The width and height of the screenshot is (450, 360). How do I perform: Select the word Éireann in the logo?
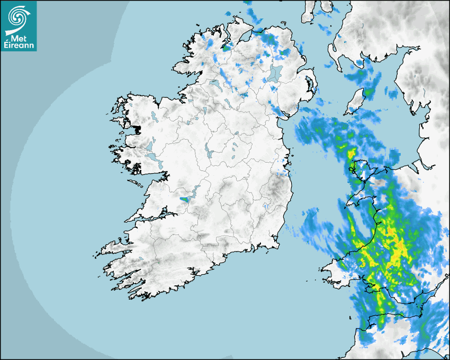tap(18, 45)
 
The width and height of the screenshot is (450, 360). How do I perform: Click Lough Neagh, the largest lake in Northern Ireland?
tap(275, 73)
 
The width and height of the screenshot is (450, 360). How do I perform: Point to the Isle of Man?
tap(356, 101)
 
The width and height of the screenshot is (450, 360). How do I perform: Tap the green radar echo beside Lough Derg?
tap(184, 199)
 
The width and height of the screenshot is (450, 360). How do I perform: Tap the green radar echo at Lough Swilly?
tap(227, 47)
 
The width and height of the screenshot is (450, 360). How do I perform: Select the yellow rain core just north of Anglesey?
tap(350, 154)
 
